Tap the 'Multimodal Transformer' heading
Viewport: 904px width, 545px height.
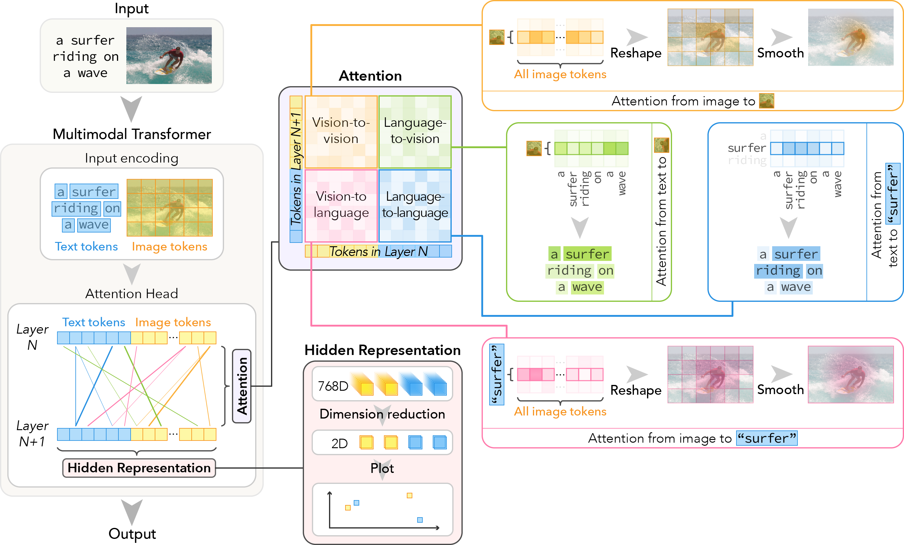click(x=132, y=134)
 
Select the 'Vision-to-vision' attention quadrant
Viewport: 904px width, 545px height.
click(x=341, y=131)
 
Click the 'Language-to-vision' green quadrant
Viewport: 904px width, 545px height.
click(x=415, y=131)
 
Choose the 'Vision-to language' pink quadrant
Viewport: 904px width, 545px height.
click(x=341, y=205)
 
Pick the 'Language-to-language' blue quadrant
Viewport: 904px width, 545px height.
click(x=415, y=205)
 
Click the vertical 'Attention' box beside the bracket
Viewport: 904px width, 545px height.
click(x=242, y=386)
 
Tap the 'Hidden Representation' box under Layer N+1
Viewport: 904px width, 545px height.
click(x=139, y=468)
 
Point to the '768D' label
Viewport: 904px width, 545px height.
click(x=333, y=386)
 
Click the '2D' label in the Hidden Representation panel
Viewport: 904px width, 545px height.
click(x=339, y=443)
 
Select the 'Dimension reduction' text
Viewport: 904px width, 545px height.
click(x=382, y=414)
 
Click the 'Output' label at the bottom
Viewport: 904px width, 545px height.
click(x=132, y=534)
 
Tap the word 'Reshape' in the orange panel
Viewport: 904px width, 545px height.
click(x=636, y=53)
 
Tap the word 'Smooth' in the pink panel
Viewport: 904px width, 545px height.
click(x=780, y=389)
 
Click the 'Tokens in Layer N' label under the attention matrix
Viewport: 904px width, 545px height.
click(x=378, y=251)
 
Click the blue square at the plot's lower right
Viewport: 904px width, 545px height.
click(x=420, y=520)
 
